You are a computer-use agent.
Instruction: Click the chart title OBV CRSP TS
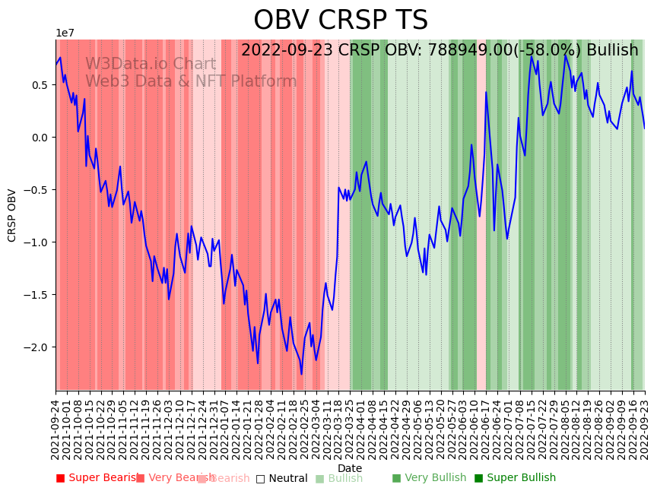click(341, 21)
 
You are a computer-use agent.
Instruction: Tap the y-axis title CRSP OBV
click(12, 215)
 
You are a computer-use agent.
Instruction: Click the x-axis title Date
click(350, 468)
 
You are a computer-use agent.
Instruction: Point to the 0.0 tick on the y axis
click(40, 138)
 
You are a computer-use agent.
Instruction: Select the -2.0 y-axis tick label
click(36, 347)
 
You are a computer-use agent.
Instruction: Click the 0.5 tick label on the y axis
click(40, 85)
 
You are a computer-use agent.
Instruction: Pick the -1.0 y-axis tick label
click(36, 242)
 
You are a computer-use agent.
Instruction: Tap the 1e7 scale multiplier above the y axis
click(65, 33)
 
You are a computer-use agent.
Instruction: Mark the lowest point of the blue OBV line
click(301, 374)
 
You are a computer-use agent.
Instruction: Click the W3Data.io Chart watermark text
click(151, 65)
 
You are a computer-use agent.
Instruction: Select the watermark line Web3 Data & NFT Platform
click(191, 81)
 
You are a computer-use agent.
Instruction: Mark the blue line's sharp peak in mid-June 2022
click(486, 93)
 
